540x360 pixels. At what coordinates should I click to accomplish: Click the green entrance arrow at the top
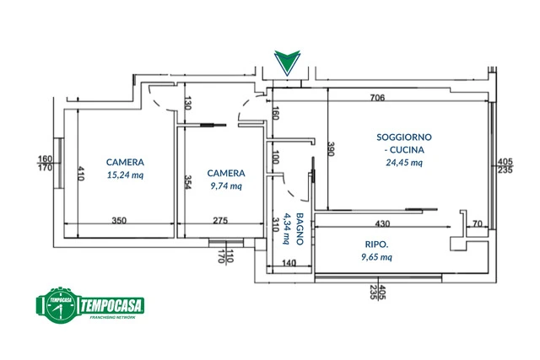pyautogui.click(x=287, y=62)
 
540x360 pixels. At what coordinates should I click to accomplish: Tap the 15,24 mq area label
pyautogui.click(x=125, y=175)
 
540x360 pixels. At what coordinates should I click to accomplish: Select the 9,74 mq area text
pyautogui.click(x=226, y=185)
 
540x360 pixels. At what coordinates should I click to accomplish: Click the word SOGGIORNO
pyautogui.click(x=404, y=137)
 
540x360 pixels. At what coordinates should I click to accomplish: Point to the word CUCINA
pyautogui.click(x=407, y=150)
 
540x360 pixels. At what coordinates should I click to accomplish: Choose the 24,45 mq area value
pyautogui.click(x=404, y=163)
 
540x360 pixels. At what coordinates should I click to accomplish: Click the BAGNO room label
pyautogui.click(x=300, y=228)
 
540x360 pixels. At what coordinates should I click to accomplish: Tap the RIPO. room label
pyautogui.click(x=377, y=244)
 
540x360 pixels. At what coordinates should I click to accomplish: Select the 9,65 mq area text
pyautogui.click(x=377, y=257)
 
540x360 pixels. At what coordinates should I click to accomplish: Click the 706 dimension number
pyautogui.click(x=377, y=98)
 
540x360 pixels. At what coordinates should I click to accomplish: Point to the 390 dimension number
pyautogui.click(x=331, y=148)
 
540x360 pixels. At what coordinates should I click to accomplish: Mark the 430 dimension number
pyautogui.click(x=382, y=223)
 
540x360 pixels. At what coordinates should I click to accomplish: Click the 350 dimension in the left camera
pyautogui.click(x=119, y=220)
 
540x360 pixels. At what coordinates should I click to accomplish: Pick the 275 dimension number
pyautogui.click(x=220, y=220)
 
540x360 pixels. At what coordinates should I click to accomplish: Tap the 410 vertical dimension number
pyautogui.click(x=81, y=173)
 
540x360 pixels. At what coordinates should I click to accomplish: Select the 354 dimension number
pyautogui.click(x=187, y=182)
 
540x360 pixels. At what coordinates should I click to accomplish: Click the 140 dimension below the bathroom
pyautogui.click(x=289, y=263)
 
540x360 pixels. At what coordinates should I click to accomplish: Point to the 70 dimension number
pyautogui.click(x=478, y=223)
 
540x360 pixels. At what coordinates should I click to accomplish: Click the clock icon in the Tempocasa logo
pyautogui.click(x=61, y=305)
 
